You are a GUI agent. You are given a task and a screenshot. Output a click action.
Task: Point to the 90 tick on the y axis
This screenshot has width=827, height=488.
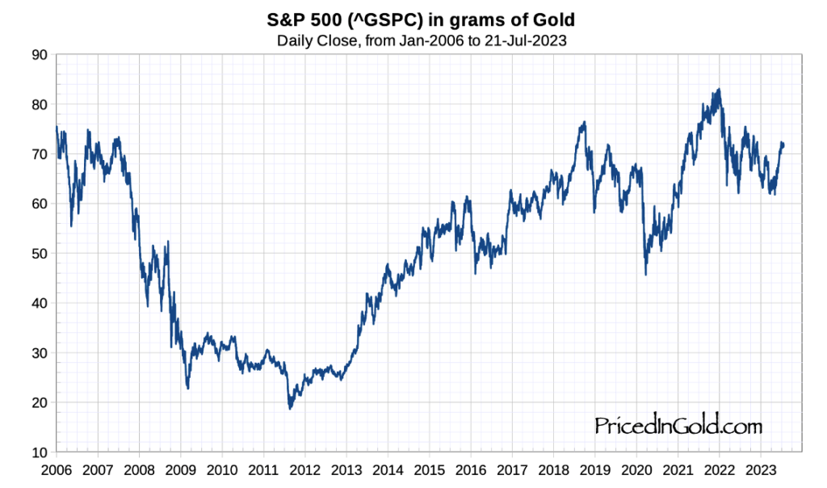point(39,55)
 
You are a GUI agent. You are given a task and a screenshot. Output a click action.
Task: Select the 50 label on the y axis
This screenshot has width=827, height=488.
point(39,254)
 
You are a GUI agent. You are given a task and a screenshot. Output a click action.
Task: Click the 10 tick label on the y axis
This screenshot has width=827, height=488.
point(39,452)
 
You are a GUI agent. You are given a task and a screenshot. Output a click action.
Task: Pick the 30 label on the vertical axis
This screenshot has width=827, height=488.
point(39,353)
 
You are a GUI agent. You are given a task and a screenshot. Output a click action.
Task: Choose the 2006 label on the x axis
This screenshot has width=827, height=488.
point(56,469)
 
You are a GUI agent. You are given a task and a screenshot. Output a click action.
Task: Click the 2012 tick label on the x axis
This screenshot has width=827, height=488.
point(304,469)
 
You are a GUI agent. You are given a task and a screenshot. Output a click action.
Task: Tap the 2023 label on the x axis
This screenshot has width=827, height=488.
point(761,469)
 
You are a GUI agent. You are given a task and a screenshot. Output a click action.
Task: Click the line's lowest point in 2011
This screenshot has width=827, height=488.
point(290,409)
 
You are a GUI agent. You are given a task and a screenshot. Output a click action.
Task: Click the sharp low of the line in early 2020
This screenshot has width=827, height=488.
point(645,275)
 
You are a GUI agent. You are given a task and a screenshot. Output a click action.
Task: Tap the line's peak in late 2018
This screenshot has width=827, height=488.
point(583,122)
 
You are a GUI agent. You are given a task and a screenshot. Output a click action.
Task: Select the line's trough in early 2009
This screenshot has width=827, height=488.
point(188,389)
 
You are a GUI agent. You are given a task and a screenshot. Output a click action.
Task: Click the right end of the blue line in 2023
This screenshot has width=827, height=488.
point(783,145)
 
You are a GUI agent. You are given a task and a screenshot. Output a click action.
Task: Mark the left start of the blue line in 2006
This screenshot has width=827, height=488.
point(56,127)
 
